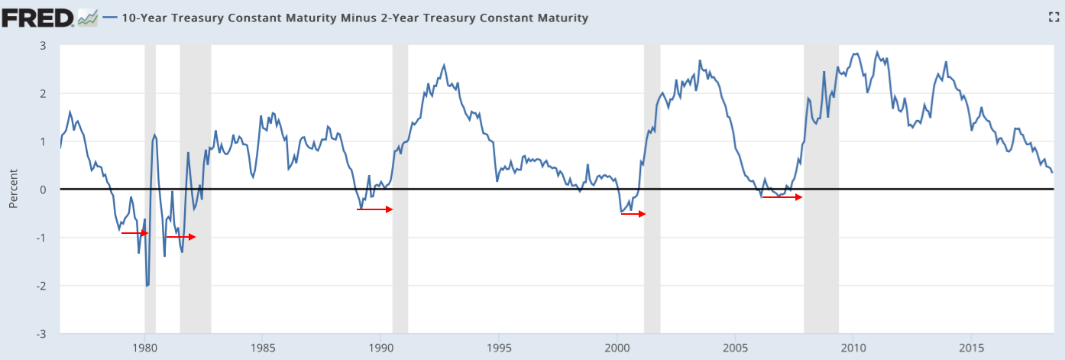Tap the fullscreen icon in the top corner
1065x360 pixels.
(1053, 17)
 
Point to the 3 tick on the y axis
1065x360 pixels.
(44, 46)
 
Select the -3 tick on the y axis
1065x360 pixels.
(41, 334)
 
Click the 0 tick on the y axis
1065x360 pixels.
(44, 190)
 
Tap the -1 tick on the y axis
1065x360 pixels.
(41, 238)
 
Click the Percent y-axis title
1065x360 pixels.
(13, 190)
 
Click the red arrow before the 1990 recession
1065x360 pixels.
(374, 209)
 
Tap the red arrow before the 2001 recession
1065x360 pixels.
(633, 214)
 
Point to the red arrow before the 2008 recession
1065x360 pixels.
(782, 197)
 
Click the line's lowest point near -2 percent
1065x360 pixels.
(147, 285)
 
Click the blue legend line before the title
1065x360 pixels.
(109, 18)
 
